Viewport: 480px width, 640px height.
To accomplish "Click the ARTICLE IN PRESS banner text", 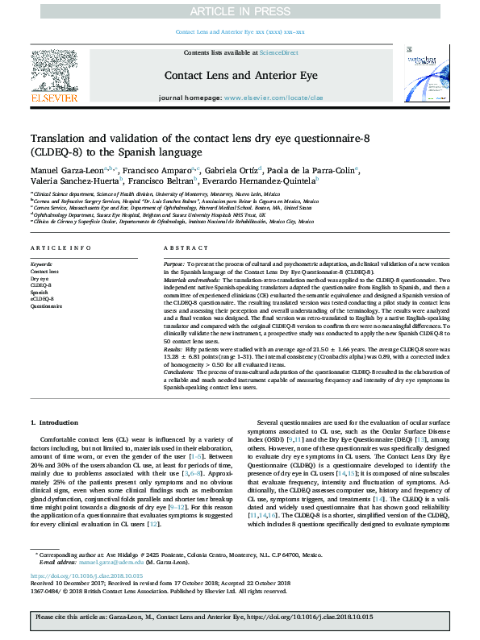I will (x=240, y=11).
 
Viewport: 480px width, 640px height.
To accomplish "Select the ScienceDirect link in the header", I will (x=278, y=52).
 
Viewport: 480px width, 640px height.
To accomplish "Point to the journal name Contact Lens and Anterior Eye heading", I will (x=240, y=75).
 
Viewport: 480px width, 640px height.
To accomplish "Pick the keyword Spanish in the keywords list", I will (x=40, y=293).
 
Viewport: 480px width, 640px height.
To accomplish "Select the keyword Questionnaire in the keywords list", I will (x=46, y=307).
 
